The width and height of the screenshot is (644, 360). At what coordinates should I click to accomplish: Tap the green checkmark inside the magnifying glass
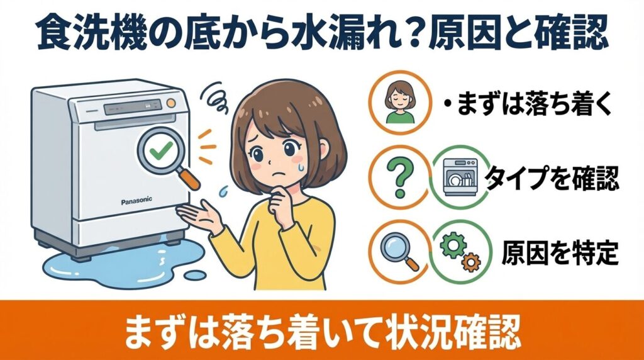157,151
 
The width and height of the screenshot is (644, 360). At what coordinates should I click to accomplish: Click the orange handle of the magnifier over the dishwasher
191,179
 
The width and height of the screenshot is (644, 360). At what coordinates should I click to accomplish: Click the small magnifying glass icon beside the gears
400,251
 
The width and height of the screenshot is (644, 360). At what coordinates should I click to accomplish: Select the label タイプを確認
553,179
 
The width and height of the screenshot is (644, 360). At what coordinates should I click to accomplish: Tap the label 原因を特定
560,252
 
